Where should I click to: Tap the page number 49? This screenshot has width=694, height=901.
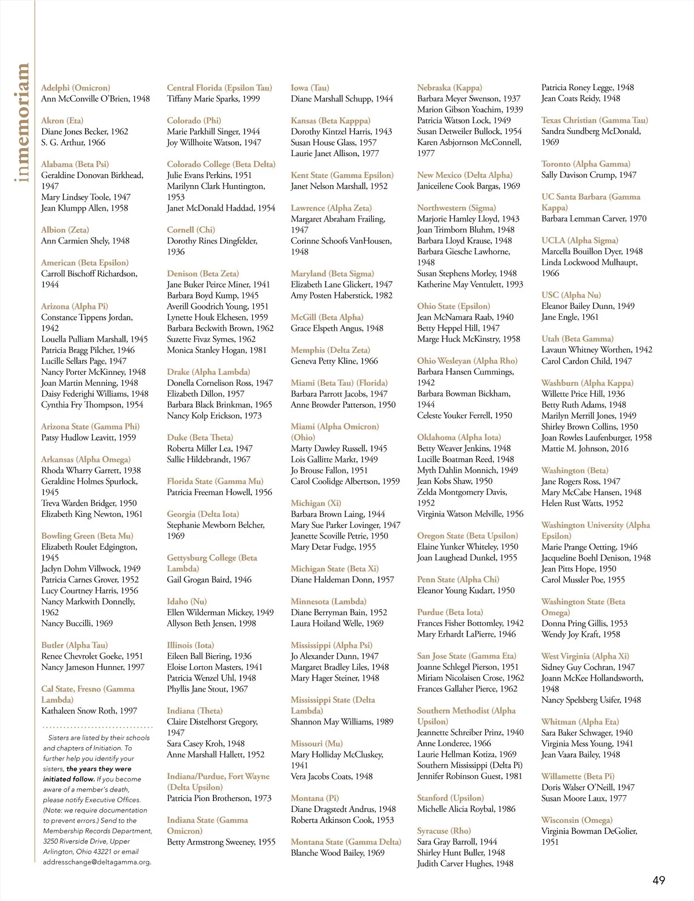coord(659,880)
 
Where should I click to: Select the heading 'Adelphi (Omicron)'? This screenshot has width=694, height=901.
coord(75,88)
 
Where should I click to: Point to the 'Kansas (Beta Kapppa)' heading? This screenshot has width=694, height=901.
coord(330,121)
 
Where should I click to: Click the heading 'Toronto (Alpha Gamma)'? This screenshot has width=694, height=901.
coord(586,164)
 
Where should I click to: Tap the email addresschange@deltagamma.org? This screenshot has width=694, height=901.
coord(97,862)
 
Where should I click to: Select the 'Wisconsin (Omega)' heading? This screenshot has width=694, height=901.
coord(577,820)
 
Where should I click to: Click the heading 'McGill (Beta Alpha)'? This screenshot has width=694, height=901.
coord(327,317)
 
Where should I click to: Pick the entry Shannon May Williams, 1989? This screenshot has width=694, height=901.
coord(342,722)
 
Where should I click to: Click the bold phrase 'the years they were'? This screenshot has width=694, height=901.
coord(99,769)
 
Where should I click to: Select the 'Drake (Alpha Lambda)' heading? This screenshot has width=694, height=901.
coord(208,372)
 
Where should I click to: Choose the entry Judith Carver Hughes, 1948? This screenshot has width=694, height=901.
coord(465,863)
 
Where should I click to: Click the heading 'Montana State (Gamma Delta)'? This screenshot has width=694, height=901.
coord(346,842)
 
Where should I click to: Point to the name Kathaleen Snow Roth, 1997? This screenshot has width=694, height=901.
coord(89,711)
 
